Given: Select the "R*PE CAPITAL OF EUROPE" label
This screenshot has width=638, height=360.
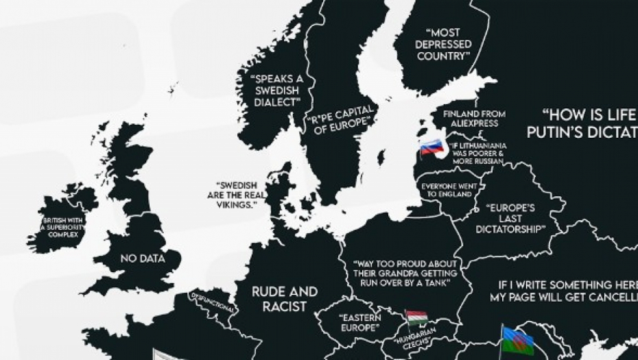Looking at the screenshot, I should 341,117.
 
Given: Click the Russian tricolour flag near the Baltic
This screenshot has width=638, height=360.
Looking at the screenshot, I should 432,146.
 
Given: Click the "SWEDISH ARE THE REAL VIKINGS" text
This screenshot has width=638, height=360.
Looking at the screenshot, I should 239,195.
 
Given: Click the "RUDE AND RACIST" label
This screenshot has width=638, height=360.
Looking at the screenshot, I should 284,299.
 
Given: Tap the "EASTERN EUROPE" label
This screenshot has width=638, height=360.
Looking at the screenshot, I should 359,323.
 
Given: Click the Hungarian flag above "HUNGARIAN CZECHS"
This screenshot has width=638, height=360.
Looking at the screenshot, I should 416,318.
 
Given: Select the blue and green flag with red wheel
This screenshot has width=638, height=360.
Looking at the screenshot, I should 518,340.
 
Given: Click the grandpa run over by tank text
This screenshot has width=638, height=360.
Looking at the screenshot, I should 405,272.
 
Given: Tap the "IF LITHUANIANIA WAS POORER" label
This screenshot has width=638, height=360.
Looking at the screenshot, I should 479,155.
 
